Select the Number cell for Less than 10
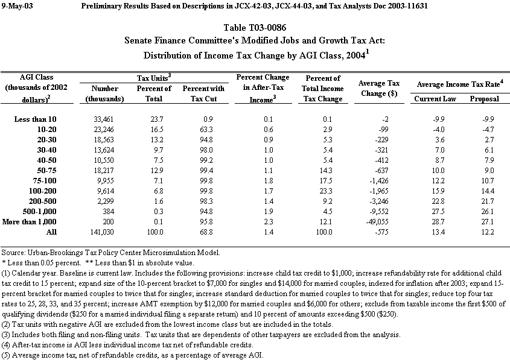pos(105,119)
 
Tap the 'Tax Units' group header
pos(155,78)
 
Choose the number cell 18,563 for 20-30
pos(105,140)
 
